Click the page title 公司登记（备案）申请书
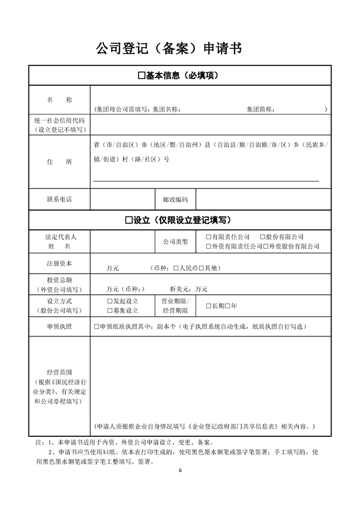click(x=169, y=49)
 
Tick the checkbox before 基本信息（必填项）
click(x=142, y=76)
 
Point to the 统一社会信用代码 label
click(x=60, y=120)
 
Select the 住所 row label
click(x=60, y=162)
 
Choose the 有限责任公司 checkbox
click(x=208, y=237)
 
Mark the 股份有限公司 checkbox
click(x=262, y=237)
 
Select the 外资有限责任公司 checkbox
click(x=208, y=246)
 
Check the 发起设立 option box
click(x=110, y=302)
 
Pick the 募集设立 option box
click(x=110, y=311)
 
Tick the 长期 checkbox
click(x=208, y=306)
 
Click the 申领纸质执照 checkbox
click(x=97, y=327)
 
